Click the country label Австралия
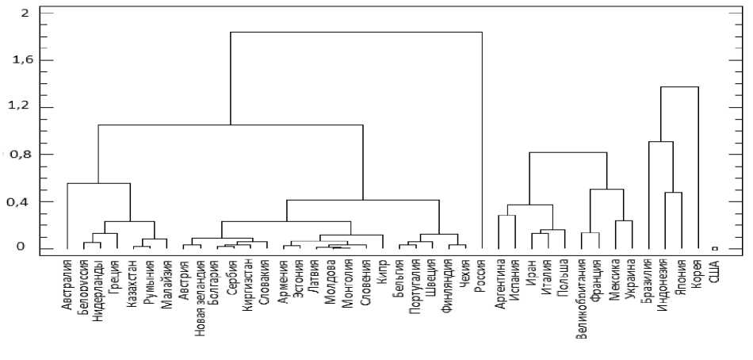tap(67, 282)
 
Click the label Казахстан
tap(131, 282)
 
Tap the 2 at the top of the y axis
tap(25, 13)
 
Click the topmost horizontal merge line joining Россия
tap(356, 33)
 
